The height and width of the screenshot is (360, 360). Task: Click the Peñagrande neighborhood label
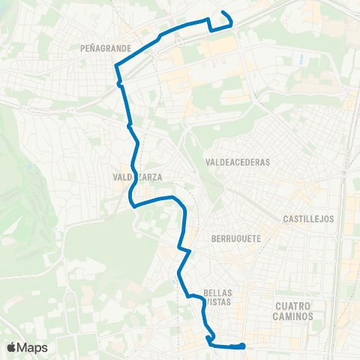(105, 47)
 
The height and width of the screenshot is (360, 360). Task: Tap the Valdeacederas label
(236, 161)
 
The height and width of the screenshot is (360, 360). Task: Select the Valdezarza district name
(137, 178)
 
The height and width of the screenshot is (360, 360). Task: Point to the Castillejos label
(308, 219)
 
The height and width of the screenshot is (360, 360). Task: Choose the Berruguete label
(235, 235)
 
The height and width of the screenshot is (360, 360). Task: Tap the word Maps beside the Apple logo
(32, 347)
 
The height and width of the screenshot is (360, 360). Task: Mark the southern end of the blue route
(244, 345)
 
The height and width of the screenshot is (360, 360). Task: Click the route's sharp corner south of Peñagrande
(115, 66)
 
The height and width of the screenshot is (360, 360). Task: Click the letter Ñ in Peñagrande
(91, 47)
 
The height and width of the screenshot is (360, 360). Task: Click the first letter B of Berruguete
(214, 235)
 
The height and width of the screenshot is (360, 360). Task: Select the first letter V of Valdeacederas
(207, 161)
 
